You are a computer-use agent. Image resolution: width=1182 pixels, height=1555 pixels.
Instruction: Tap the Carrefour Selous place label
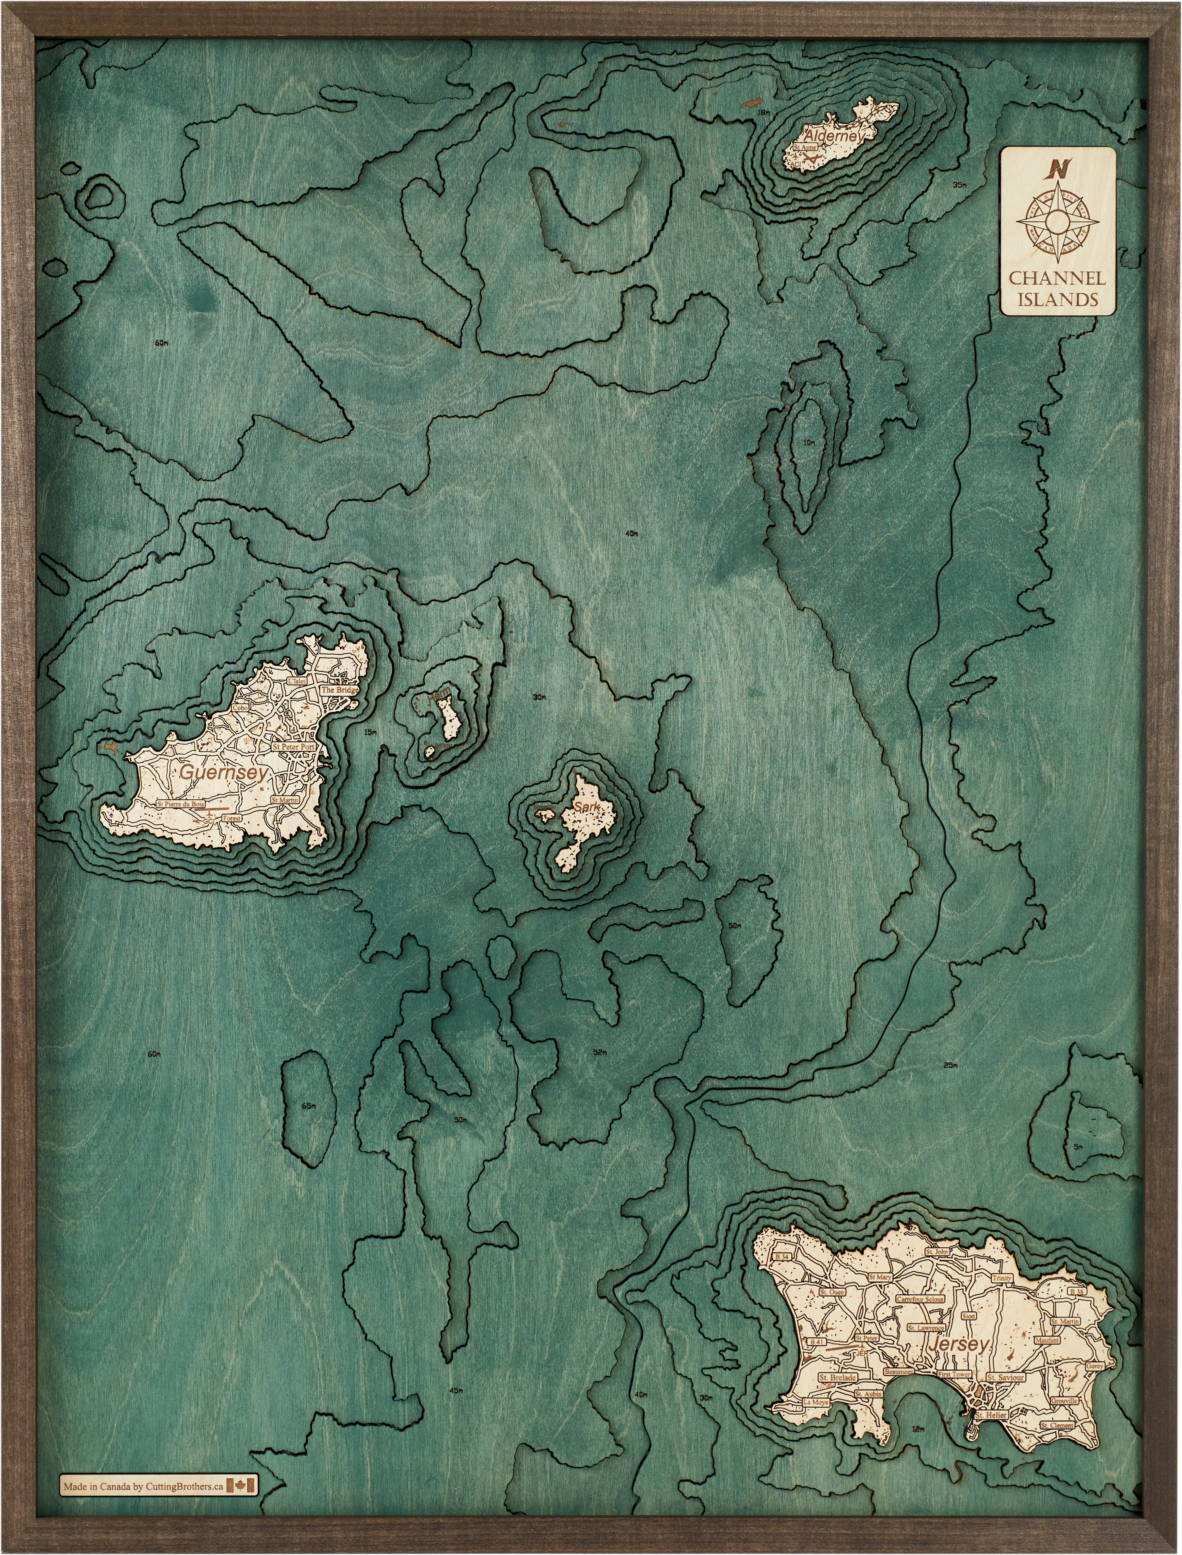pos(920,1300)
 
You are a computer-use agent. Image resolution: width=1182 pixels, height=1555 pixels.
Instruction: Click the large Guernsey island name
pos(224,772)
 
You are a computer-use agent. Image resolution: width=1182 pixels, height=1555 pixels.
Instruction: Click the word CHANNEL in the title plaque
pos(1058,277)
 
